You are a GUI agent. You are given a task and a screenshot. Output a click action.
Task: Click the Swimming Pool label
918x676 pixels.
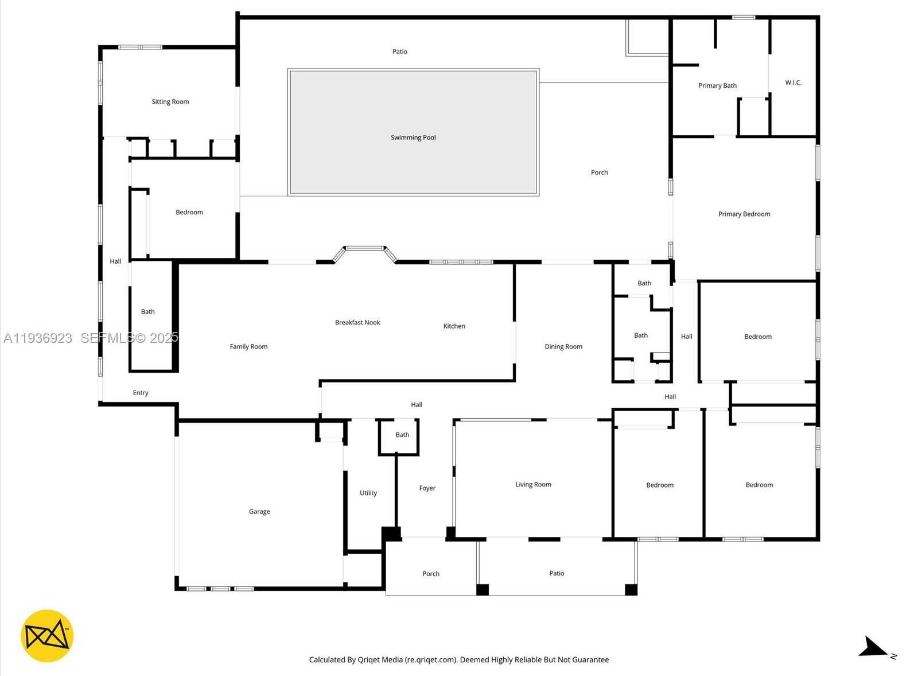(413, 138)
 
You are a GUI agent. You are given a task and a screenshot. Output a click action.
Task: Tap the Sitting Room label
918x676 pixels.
(170, 102)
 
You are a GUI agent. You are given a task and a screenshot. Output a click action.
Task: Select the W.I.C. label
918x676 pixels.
(793, 83)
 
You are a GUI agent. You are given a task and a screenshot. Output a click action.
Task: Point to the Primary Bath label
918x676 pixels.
(717, 86)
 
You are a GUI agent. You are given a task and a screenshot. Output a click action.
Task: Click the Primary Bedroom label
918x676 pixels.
(744, 214)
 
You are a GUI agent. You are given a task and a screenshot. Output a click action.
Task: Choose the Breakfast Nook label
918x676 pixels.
(357, 323)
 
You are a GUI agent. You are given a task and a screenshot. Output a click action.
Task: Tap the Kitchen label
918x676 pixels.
(454, 326)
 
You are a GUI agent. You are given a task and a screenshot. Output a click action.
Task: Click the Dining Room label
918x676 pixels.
(563, 347)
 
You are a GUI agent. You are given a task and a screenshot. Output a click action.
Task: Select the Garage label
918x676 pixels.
(259, 512)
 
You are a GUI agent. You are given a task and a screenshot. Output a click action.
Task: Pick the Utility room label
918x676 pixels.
(368, 493)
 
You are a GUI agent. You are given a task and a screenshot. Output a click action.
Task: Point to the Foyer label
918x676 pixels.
(427, 488)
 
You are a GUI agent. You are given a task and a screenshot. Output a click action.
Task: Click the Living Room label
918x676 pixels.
(533, 485)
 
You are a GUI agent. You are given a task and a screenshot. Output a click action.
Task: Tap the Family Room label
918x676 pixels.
(248, 347)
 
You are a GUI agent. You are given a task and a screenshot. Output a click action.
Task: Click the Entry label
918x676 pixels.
(141, 393)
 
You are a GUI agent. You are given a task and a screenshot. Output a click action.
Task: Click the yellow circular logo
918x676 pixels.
(47, 636)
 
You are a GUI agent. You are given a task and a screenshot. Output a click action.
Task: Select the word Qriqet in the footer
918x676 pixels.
(368, 660)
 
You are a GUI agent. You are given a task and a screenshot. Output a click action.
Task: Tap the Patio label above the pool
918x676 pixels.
(400, 52)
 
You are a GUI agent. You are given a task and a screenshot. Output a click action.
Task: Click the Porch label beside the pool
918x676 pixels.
(599, 172)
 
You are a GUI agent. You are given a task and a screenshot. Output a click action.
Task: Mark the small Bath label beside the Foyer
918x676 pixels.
(402, 435)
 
